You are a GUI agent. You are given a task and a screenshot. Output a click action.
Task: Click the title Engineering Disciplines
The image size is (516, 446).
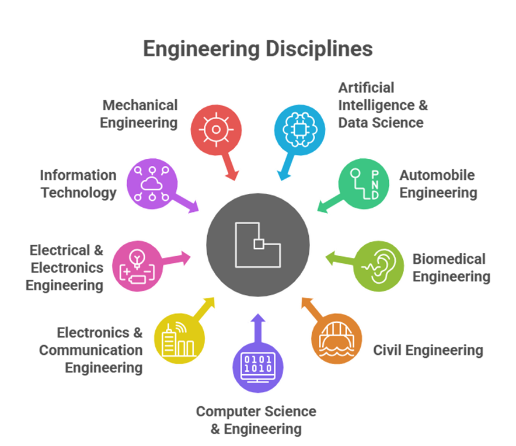pos(257,49)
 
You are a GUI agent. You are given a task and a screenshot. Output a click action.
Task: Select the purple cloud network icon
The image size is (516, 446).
pos(151,184)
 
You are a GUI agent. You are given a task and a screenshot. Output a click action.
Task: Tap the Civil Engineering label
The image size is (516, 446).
pos(428,350)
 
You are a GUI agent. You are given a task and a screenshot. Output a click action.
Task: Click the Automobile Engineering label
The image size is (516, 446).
pos(438,184)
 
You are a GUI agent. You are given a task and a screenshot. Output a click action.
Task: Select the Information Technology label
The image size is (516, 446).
pos(78,184)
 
